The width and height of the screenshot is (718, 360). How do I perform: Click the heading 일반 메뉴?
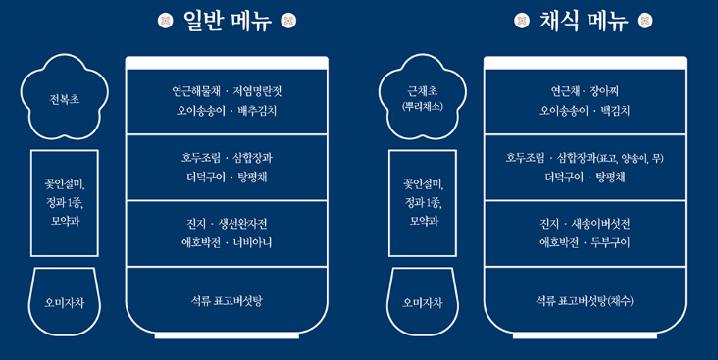[228, 21]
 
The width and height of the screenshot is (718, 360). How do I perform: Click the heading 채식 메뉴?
[584, 21]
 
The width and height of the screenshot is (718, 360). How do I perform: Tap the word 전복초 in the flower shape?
[65, 99]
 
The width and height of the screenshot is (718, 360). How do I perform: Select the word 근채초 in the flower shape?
[422, 91]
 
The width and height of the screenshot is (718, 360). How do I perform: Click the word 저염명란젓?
[257, 91]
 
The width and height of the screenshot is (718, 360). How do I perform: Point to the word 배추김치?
[257, 111]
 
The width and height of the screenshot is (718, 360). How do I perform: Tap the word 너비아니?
[254, 242]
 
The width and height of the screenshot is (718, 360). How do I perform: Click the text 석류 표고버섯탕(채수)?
[585, 300]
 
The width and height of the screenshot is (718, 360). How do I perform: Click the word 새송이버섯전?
[598, 223]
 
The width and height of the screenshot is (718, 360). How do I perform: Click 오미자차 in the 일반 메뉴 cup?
[65, 302]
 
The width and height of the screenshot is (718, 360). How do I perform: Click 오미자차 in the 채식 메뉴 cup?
[423, 302]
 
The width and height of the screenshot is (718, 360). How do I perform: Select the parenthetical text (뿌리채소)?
[423, 106]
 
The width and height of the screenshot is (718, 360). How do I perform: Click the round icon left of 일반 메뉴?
[166, 21]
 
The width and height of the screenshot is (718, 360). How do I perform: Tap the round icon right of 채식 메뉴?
[644, 21]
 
